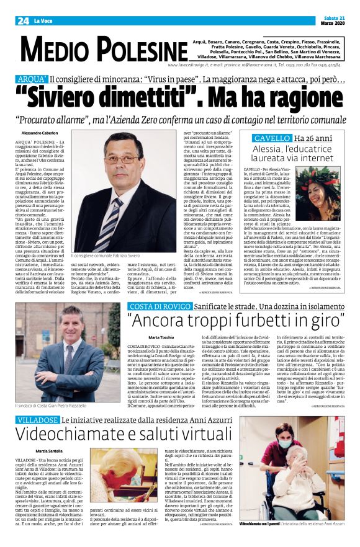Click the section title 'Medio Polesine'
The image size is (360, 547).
coord(96,50)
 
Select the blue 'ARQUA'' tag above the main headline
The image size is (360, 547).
coord(33,80)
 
